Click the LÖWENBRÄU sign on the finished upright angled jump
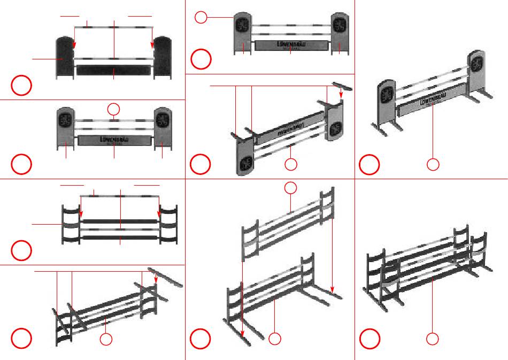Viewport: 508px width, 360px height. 432,102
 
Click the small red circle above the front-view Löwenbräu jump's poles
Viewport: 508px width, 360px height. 113,110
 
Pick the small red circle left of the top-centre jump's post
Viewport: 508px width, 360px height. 200,18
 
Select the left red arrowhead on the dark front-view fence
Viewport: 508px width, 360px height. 81,216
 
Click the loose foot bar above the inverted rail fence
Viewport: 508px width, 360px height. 165,278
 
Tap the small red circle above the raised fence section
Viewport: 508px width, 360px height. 290,188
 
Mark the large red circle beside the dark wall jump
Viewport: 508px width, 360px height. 21,86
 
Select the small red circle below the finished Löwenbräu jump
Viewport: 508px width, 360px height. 433,165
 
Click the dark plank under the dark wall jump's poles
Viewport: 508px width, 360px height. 114,70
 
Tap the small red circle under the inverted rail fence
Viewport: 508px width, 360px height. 106,339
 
